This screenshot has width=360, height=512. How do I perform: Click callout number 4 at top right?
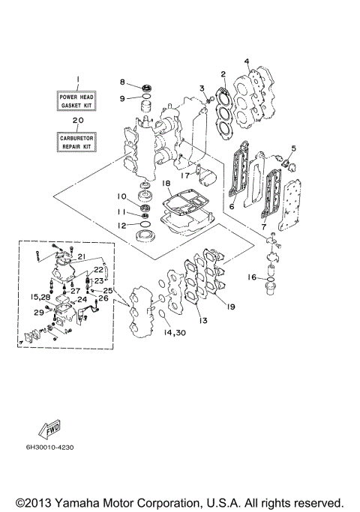click(246, 61)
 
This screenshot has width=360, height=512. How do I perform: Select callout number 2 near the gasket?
click(223, 73)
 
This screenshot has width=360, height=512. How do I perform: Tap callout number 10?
click(121, 196)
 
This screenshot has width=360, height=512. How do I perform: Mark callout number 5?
click(294, 148)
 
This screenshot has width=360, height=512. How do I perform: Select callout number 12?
click(121, 225)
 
